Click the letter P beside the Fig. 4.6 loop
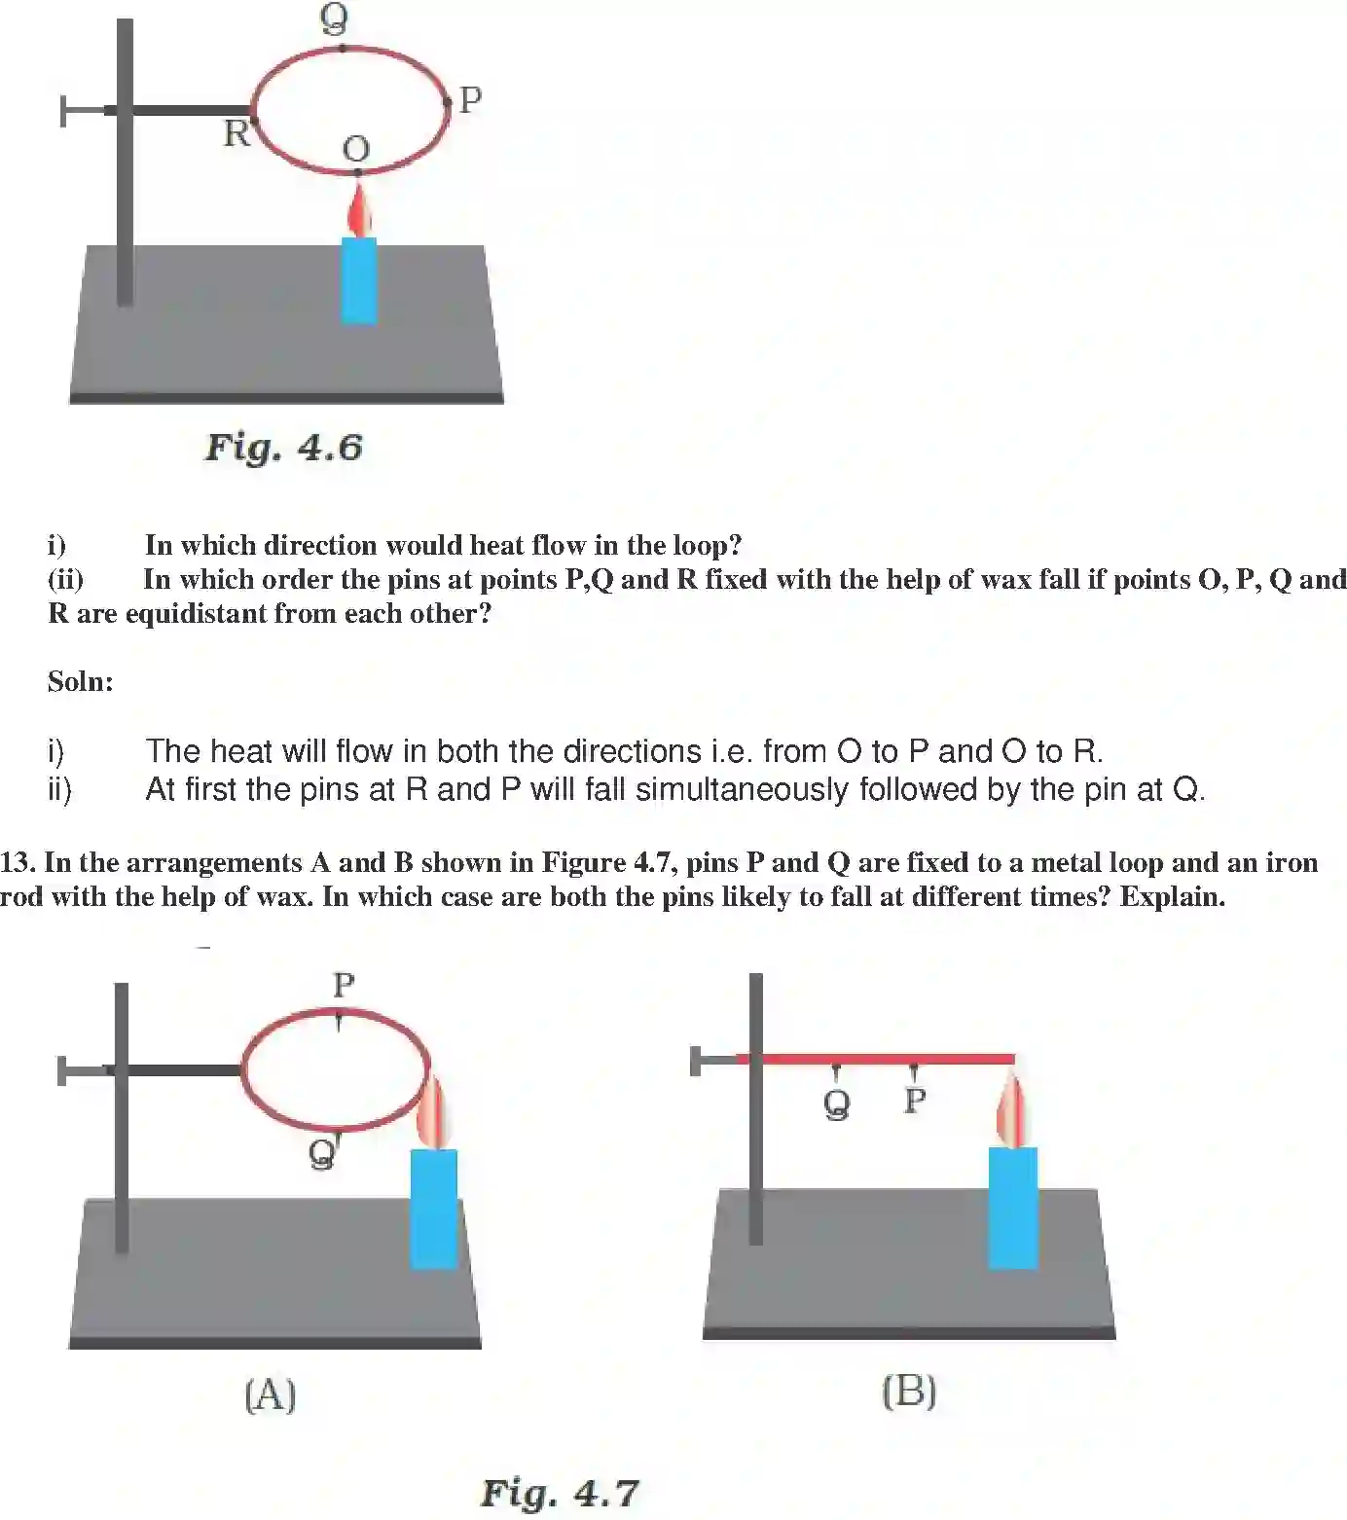click(470, 99)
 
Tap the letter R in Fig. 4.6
click(236, 133)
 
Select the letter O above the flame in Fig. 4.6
click(356, 149)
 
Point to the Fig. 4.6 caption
click(283, 448)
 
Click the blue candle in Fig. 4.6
click(358, 280)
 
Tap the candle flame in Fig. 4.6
click(360, 212)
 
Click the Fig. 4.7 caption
click(560, 1493)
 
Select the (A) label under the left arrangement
click(270, 1394)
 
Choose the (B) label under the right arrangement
click(909, 1391)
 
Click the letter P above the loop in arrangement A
click(344, 985)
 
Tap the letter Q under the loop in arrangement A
click(321, 1154)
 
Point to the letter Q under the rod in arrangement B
click(836, 1104)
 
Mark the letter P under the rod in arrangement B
click(914, 1101)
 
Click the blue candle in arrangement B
click(1012, 1208)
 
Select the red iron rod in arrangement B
click(876, 1059)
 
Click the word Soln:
click(81, 681)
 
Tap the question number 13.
click(17, 862)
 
